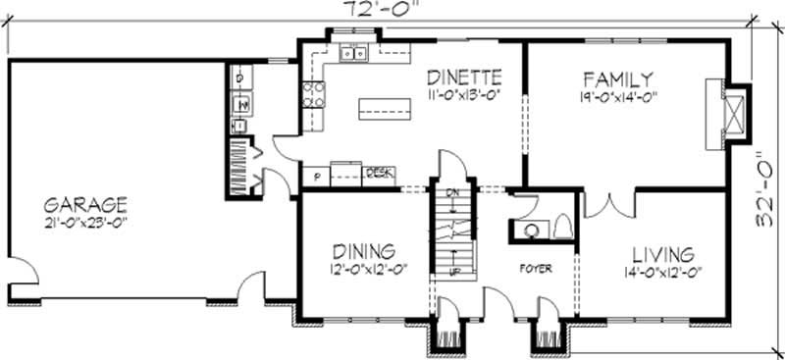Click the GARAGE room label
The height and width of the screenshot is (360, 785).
click(x=85, y=205)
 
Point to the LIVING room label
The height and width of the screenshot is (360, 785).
click(x=662, y=252)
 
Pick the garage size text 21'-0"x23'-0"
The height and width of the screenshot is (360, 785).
click(x=86, y=223)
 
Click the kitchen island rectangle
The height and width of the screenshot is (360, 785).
click(x=379, y=107)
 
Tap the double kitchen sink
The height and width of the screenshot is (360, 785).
click(x=354, y=55)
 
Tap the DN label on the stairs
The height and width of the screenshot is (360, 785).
click(x=453, y=192)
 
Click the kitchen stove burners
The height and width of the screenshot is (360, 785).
click(x=313, y=93)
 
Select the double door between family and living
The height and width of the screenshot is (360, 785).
click(x=609, y=203)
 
